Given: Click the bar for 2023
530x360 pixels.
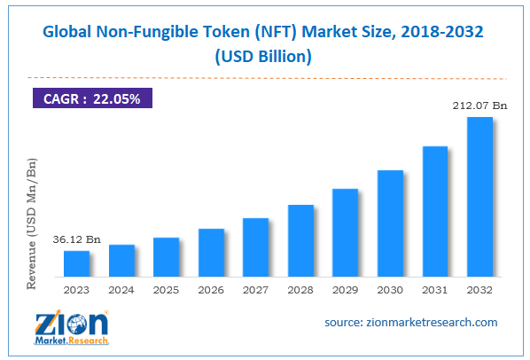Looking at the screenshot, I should click(x=77, y=263).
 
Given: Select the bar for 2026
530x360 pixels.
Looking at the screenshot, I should click(x=211, y=253).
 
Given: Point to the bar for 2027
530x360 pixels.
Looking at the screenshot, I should click(x=255, y=247).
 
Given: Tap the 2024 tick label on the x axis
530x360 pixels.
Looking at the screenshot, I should click(x=122, y=288).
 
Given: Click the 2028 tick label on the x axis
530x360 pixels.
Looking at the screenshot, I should click(x=300, y=288).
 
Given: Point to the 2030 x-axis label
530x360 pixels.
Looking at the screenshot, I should click(x=390, y=288).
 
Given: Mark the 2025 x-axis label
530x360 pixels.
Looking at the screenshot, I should click(x=167, y=288).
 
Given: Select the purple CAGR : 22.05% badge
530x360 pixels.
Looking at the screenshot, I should click(x=92, y=98).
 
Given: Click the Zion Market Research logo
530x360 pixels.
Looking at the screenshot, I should click(x=72, y=325).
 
